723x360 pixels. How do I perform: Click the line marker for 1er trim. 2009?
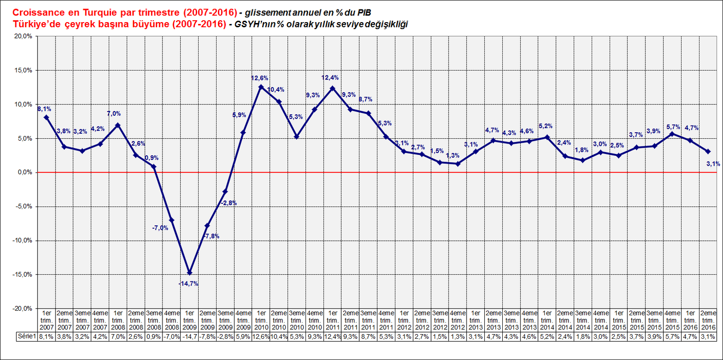click(x=190, y=272)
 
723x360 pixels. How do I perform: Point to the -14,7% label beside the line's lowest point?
click(x=188, y=284)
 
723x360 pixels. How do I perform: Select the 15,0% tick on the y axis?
click(x=23, y=71)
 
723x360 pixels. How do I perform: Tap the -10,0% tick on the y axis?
click(x=22, y=240)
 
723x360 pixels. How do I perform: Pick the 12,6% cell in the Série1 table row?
click(x=261, y=336)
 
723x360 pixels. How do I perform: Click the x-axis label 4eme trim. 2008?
click(x=171, y=320)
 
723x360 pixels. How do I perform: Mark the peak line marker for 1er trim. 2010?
click(x=261, y=87)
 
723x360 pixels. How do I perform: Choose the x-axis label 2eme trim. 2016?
click(x=708, y=320)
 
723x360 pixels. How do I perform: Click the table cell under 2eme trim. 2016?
click(x=708, y=336)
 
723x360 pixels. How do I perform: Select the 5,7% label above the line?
click(x=673, y=127)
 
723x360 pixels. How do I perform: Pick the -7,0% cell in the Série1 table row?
click(x=171, y=336)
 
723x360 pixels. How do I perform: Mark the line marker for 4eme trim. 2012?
click(x=458, y=164)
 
